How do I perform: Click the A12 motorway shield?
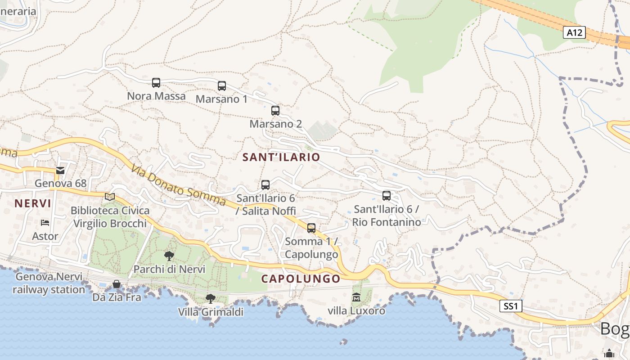[575, 32]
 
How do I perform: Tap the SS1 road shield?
[511, 306]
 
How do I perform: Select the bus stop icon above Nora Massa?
[156, 83]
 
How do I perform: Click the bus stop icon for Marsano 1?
[222, 86]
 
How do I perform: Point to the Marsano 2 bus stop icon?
[275, 111]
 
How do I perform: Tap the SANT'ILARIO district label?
[281, 157]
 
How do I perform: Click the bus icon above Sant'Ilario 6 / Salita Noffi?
[265, 185]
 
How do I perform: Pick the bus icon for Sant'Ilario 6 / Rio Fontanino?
[387, 196]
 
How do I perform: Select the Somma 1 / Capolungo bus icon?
[311, 228]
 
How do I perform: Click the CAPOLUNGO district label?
[301, 279]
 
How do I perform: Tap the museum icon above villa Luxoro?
[356, 297]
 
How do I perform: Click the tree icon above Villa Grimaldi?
[210, 299]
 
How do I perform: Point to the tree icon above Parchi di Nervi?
[169, 256]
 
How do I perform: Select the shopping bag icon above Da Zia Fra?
[117, 284]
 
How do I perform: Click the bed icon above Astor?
[45, 223]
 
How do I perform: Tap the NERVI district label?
[33, 203]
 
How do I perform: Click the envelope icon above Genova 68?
[60, 171]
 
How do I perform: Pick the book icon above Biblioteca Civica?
[110, 197]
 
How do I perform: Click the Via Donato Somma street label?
[179, 186]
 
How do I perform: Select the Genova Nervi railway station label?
[49, 283]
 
